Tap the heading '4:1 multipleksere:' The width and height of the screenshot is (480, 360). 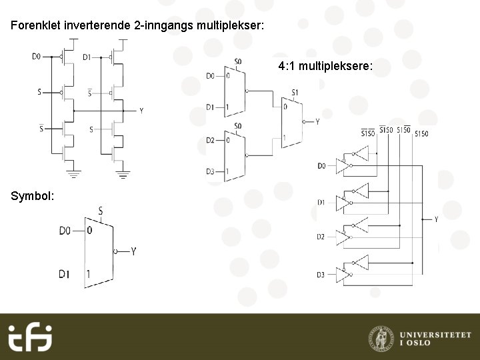coord(325,67)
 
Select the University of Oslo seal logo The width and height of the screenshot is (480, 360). coord(381,337)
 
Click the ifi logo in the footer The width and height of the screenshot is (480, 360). coord(30,337)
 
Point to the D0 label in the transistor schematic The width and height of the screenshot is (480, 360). coord(37,57)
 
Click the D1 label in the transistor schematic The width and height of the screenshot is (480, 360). coord(87,57)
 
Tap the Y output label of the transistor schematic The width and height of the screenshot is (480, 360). coord(141,111)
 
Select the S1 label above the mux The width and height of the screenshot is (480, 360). coord(295,91)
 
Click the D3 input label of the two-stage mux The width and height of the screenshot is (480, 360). coord(210,172)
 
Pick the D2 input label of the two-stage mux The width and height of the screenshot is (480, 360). coord(210,140)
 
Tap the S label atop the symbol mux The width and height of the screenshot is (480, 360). coord(101,211)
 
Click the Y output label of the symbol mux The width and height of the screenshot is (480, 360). coord(133,251)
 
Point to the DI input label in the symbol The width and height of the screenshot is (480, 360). coord(64,273)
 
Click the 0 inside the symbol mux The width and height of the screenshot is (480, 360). coord(89,231)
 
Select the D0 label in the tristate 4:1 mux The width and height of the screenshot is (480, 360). coord(321,165)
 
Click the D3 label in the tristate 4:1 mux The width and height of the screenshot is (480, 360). coord(321,274)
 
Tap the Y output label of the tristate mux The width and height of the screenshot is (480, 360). coord(436,219)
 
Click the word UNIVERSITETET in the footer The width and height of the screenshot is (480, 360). coord(435,333)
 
